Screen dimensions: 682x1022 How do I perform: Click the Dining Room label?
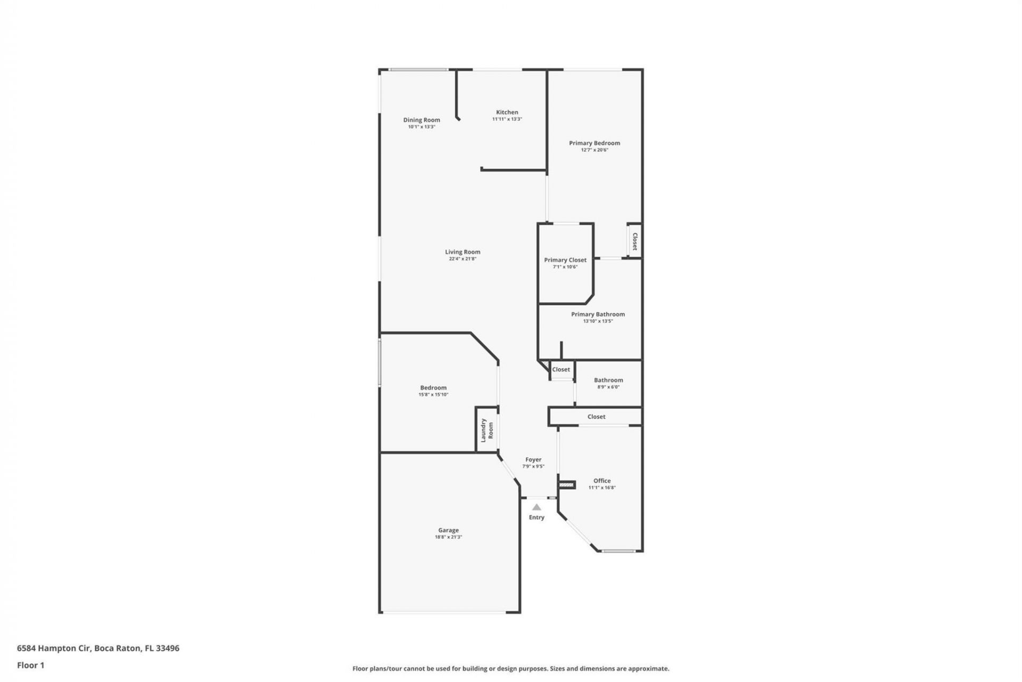coord(422,120)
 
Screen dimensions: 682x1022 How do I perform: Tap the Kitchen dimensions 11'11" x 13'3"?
coord(507,119)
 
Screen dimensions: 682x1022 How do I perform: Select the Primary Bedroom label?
coord(594,143)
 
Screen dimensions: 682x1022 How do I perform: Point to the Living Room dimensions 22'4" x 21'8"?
coord(462,259)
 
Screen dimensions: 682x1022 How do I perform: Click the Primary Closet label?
coord(565,260)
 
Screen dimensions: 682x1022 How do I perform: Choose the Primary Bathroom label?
coord(598,314)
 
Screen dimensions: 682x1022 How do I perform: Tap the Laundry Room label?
coord(487,430)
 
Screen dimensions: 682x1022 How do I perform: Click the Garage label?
coord(448,530)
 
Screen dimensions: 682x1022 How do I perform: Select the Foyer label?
coord(533,459)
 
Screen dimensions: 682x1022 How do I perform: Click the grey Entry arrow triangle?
coord(537,508)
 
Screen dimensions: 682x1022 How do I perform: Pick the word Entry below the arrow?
coord(537,517)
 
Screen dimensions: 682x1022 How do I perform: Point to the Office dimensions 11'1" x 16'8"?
coord(601,488)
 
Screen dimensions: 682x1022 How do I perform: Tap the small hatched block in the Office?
coord(567,485)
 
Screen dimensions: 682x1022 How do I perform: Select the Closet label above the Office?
coord(596,417)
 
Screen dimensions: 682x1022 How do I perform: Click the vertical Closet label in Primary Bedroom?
coord(634,241)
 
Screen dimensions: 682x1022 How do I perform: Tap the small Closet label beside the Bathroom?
coord(561,369)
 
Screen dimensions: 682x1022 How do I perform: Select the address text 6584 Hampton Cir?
coord(54,648)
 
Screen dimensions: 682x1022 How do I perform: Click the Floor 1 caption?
coord(30,665)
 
